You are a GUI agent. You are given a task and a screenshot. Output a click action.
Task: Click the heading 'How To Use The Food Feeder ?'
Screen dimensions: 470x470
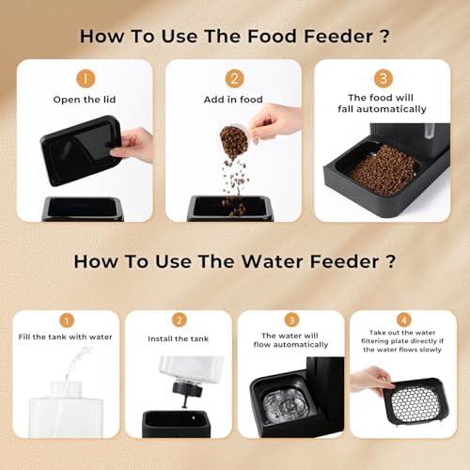pos(234,37)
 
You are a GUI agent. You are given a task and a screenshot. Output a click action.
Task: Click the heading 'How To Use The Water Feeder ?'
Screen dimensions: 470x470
pos(234,260)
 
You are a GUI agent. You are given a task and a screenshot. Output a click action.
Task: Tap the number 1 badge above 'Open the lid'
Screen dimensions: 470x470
pos(85,79)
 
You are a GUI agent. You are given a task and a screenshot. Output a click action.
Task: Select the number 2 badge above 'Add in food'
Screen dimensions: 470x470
pos(234,79)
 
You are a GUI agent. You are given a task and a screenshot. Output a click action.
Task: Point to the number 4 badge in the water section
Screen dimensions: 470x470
pos(403,320)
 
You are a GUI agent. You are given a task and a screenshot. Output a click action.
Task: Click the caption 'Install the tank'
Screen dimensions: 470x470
pos(179,337)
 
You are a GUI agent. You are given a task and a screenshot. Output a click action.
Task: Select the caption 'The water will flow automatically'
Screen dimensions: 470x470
pos(291,341)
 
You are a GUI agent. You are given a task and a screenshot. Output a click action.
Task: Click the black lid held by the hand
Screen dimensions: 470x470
pos(80,150)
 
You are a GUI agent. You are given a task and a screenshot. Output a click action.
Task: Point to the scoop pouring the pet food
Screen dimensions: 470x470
pos(234,141)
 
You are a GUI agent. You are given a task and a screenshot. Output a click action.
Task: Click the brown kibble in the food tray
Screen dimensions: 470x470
pos(383,170)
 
